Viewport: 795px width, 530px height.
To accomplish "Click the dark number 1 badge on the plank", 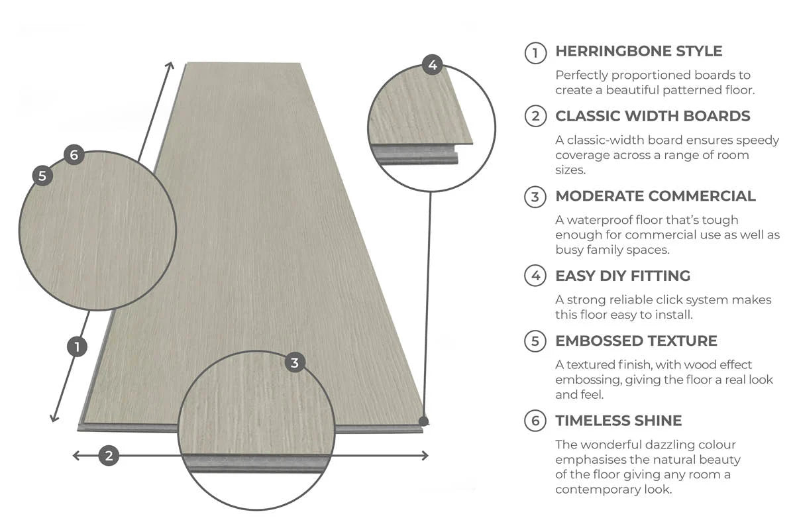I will tap(78, 346).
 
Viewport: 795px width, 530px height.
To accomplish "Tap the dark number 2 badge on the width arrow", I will tap(109, 455).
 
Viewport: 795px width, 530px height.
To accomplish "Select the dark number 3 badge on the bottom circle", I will tap(295, 362).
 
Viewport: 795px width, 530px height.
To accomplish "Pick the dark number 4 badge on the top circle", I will tap(432, 64).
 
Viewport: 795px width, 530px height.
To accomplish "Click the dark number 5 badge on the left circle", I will tap(42, 176).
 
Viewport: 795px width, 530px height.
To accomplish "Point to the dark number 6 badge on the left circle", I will tap(74, 155).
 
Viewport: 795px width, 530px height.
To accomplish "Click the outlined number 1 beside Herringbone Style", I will tap(535, 52).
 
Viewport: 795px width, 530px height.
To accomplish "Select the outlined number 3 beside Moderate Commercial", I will tap(535, 197).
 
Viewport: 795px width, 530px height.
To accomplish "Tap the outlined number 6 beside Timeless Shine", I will tap(535, 421).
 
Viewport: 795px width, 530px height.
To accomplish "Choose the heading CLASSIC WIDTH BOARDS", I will tap(653, 116).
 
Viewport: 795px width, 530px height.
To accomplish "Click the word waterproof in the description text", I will tap(595, 220).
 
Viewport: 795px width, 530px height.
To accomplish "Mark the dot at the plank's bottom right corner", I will tap(424, 420).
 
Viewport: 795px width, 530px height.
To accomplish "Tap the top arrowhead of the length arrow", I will tap(171, 66).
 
